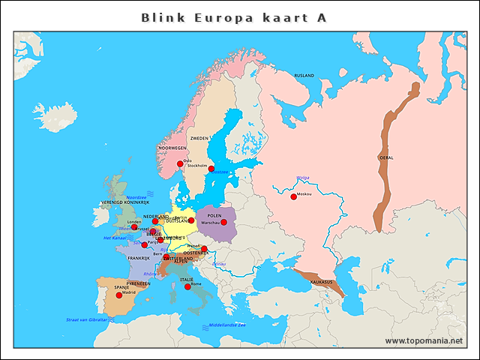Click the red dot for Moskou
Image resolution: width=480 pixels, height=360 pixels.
coord(293,196)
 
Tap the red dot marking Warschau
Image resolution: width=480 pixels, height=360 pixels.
coord(223,222)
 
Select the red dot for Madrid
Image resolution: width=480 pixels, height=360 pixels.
coord(118,295)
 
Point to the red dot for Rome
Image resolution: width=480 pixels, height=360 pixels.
coord(187,286)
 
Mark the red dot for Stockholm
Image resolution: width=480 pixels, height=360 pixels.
coord(211,169)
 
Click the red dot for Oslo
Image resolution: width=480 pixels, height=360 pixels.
coord(180,163)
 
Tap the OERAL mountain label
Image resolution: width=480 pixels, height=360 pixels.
coord(386,157)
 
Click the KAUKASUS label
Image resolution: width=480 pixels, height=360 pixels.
coord(321,282)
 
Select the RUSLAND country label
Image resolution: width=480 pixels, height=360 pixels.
coord(304,76)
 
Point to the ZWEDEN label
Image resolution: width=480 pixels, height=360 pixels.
coord(199,139)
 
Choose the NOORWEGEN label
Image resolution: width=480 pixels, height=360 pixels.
coord(172,148)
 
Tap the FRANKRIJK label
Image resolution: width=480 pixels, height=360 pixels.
coord(139,258)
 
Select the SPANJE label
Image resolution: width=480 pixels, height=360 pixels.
coord(121,287)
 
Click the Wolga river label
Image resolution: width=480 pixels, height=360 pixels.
coord(303,178)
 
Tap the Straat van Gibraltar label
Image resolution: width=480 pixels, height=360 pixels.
coord(87,320)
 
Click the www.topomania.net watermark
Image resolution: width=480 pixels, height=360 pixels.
coord(424,341)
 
